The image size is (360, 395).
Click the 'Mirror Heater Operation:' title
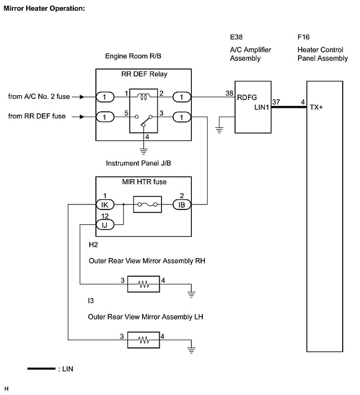click(44, 9)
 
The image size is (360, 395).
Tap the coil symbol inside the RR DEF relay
click(143, 96)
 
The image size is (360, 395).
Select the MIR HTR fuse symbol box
click(147, 204)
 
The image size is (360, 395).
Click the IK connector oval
click(105, 204)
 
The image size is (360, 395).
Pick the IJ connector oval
click(105, 224)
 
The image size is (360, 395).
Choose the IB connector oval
click(182, 204)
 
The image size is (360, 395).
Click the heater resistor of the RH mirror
click(143, 284)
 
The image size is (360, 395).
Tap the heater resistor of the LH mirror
click(143, 340)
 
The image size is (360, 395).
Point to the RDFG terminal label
click(246, 98)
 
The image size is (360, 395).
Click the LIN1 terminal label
click(262, 107)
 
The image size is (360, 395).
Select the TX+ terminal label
click(316, 107)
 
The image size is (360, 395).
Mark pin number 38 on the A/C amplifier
click(229, 93)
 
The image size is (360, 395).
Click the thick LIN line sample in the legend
click(41, 369)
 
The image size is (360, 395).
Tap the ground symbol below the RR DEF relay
click(144, 151)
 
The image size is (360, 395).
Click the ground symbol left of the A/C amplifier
click(219, 130)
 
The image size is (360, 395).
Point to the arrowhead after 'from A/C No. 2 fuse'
click(82, 97)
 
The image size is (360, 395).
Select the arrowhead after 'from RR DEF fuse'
click(82, 117)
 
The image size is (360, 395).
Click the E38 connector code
click(236, 37)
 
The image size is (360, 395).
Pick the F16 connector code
click(303, 37)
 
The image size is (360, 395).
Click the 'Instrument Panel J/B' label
click(138, 163)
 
